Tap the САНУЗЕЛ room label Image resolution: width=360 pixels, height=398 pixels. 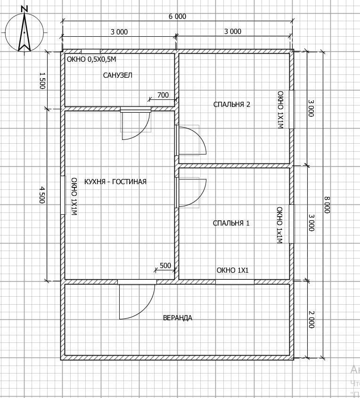117,75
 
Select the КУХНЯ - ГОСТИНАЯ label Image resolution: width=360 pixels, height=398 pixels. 115,182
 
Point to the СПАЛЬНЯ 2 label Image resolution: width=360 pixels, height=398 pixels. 231,104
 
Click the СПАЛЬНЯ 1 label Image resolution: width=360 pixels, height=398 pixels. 231,223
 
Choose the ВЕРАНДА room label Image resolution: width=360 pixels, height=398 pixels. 178,318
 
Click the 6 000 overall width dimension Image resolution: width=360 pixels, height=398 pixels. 178,16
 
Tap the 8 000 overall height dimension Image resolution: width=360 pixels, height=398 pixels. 327,204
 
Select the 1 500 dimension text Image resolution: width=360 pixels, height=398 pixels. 42,81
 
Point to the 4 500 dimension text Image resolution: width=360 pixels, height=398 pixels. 42,195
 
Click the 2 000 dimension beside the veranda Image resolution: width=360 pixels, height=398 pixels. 311,319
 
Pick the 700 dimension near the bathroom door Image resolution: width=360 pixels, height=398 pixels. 163,95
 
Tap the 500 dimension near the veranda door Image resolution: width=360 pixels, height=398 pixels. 165,266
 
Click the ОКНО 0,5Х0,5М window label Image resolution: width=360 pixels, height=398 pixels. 91,59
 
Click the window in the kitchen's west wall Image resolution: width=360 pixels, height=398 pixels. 63,195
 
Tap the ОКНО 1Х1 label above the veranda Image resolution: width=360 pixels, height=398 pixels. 233,270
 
